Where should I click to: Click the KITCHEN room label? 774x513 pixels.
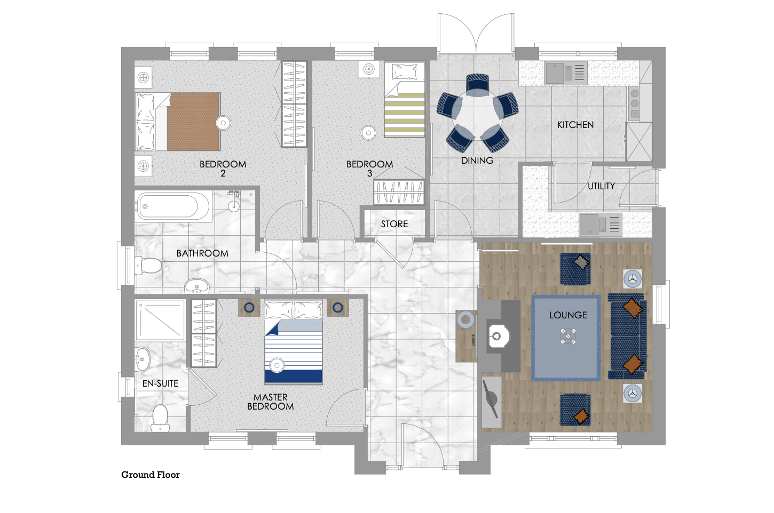(575, 125)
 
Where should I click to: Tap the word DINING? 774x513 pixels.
(477, 161)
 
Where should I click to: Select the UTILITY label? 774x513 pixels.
(601, 186)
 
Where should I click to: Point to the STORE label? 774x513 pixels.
(394, 224)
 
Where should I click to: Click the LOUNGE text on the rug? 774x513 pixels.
(568, 315)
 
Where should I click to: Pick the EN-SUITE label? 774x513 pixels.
(160, 383)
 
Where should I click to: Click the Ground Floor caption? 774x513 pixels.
(151, 475)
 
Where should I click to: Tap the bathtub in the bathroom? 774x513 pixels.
(173, 206)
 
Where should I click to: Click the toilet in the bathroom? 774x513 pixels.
(148, 266)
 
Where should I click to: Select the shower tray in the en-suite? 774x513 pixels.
(160, 320)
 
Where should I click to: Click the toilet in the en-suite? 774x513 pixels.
(160, 418)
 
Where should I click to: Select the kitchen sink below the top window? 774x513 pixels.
(566, 73)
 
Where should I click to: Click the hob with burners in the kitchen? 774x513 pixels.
(634, 103)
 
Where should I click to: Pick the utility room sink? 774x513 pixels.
(601, 225)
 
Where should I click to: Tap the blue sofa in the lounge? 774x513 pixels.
(627, 336)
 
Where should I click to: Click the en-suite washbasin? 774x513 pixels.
(141, 359)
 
